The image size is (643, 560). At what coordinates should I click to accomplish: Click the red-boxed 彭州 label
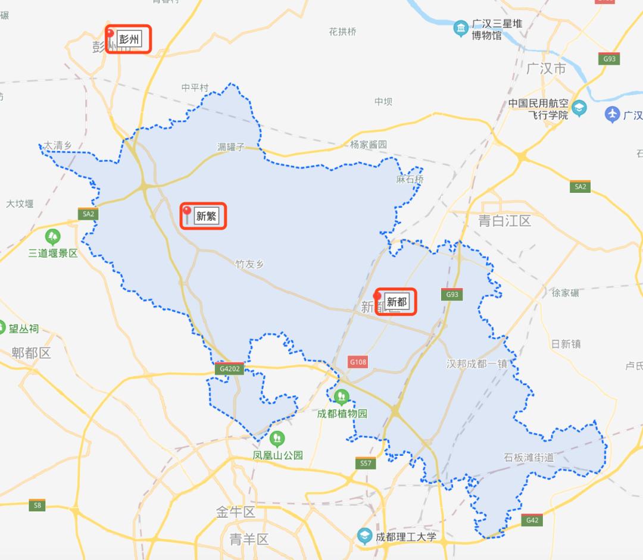point(129,39)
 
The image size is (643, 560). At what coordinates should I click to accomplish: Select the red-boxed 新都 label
point(397,302)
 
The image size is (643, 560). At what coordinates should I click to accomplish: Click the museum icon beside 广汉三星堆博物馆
point(460,28)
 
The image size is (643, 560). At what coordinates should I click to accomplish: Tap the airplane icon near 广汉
point(612,114)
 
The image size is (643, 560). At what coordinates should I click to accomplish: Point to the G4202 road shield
point(230,369)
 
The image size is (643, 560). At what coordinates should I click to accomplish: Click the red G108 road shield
point(358,362)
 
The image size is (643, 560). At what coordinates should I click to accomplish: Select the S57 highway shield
point(366,463)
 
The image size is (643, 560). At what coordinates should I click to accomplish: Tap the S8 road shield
point(37,505)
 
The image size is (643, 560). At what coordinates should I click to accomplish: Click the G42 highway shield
point(532,520)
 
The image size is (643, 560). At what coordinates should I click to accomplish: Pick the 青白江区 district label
point(504,221)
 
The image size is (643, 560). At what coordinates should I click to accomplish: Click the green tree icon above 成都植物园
point(341,397)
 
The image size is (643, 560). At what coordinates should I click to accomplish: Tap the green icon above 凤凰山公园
point(277,439)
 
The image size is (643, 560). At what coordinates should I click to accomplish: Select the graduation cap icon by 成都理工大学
point(364,536)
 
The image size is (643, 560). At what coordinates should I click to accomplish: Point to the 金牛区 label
point(235,512)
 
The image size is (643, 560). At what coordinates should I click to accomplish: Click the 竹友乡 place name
point(249,264)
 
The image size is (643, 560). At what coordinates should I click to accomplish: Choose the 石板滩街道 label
point(529,457)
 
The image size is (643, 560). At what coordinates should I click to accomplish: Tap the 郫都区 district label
point(32,353)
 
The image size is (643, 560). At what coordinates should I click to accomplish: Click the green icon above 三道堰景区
point(53,237)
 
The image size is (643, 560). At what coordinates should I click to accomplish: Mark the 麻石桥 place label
point(410,179)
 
